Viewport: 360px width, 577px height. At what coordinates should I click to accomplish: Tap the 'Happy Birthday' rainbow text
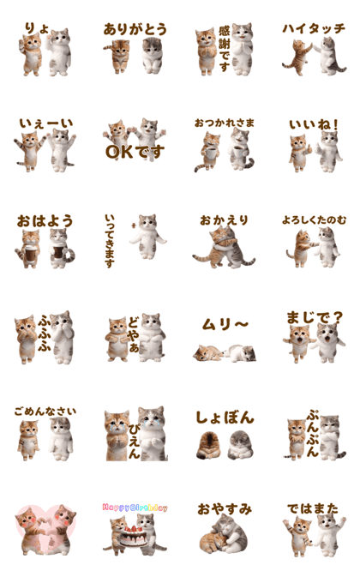pyautogui.click(x=135, y=508)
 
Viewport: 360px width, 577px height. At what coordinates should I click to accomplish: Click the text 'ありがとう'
pyautogui.click(x=135, y=29)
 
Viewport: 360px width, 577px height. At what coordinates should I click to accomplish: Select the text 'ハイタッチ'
pyautogui.click(x=314, y=28)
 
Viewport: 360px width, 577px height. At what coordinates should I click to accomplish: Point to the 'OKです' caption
pyautogui.click(x=135, y=151)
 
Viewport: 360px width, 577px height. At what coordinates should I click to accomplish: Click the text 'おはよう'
pyautogui.click(x=45, y=221)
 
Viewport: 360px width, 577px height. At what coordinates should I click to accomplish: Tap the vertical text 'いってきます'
pyautogui.click(x=110, y=241)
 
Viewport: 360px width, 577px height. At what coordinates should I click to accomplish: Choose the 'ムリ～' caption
pyautogui.click(x=225, y=325)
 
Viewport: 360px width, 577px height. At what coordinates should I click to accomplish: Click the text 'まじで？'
pyautogui.click(x=315, y=317)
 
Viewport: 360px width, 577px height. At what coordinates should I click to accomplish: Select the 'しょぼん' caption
pyautogui.click(x=225, y=418)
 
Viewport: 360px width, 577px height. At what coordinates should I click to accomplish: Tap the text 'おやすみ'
pyautogui.click(x=225, y=509)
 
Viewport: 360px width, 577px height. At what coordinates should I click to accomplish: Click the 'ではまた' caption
pyautogui.click(x=313, y=508)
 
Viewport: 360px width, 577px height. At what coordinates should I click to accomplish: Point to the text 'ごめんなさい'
pyautogui.click(x=45, y=412)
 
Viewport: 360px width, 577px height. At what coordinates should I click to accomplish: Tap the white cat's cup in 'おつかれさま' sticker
pyautogui.click(x=238, y=152)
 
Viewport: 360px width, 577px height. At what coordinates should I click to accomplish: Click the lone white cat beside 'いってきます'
pyautogui.click(x=147, y=237)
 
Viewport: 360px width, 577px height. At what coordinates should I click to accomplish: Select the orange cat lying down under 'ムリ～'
pyautogui.click(x=207, y=353)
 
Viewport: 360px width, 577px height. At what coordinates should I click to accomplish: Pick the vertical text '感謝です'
pyautogui.click(x=224, y=49)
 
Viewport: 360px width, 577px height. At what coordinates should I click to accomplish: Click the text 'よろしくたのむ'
pyautogui.click(x=314, y=220)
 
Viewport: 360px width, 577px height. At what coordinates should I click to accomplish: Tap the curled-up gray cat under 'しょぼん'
pyautogui.click(x=241, y=444)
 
